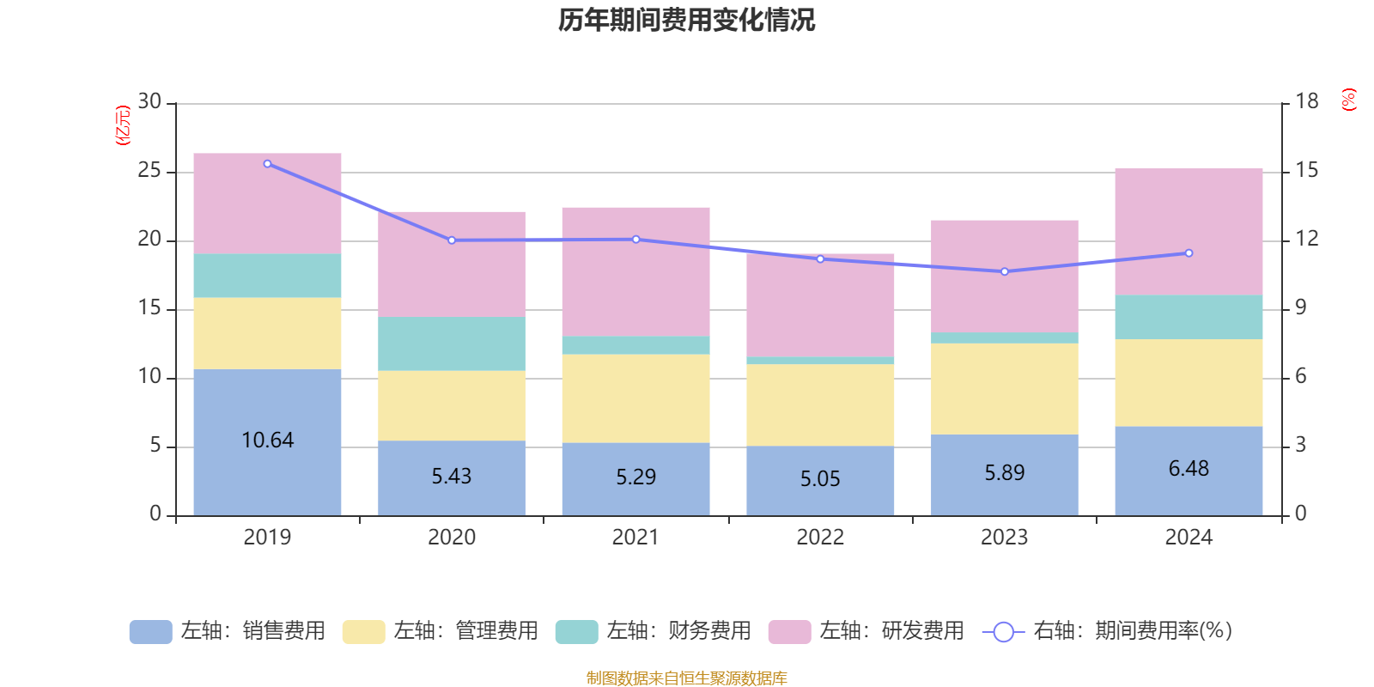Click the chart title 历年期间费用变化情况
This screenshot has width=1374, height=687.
(686, 20)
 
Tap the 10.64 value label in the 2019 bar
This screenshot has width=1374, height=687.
(267, 441)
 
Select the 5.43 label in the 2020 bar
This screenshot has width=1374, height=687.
(451, 477)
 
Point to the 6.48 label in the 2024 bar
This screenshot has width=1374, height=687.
(1189, 469)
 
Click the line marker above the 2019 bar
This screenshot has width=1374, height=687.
(267, 163)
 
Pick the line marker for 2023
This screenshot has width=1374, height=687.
(1004, 271)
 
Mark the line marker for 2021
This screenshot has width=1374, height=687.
(635, 240)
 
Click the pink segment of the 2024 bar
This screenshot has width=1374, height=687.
(1189, 232)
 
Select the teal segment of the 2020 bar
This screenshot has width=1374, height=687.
(451, 343)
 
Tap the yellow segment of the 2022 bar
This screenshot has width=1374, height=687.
(820, 404)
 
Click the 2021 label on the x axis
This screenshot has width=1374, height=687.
(635, 538)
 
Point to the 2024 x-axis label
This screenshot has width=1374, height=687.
(1189, 538)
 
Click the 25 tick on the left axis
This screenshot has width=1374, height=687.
(149, 171)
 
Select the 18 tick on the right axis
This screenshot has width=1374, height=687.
(1306, 102)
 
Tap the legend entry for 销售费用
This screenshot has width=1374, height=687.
(228, 631)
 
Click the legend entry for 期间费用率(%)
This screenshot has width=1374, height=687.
(1108, 631)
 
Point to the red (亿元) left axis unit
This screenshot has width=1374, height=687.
(123, 125)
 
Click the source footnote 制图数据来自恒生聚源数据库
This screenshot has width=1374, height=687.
(686, 678)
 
